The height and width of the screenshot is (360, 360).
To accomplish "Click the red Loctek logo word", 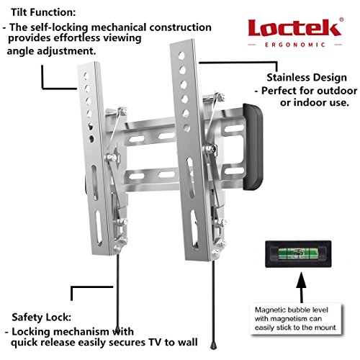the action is [x=294, y=28].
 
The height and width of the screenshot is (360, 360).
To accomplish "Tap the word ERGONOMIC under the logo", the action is [x=295, y=45].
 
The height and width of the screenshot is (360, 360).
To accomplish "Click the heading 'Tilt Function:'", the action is [x=43, y=12].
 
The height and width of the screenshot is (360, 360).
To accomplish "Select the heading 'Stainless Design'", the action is [x=307, y=78].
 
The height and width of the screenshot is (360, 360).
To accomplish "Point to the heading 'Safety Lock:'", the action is [x=42, y=318].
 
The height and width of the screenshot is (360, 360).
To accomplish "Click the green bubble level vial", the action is [x=298, y=254].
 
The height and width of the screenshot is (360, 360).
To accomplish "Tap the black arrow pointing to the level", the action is [x=301, y=287].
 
